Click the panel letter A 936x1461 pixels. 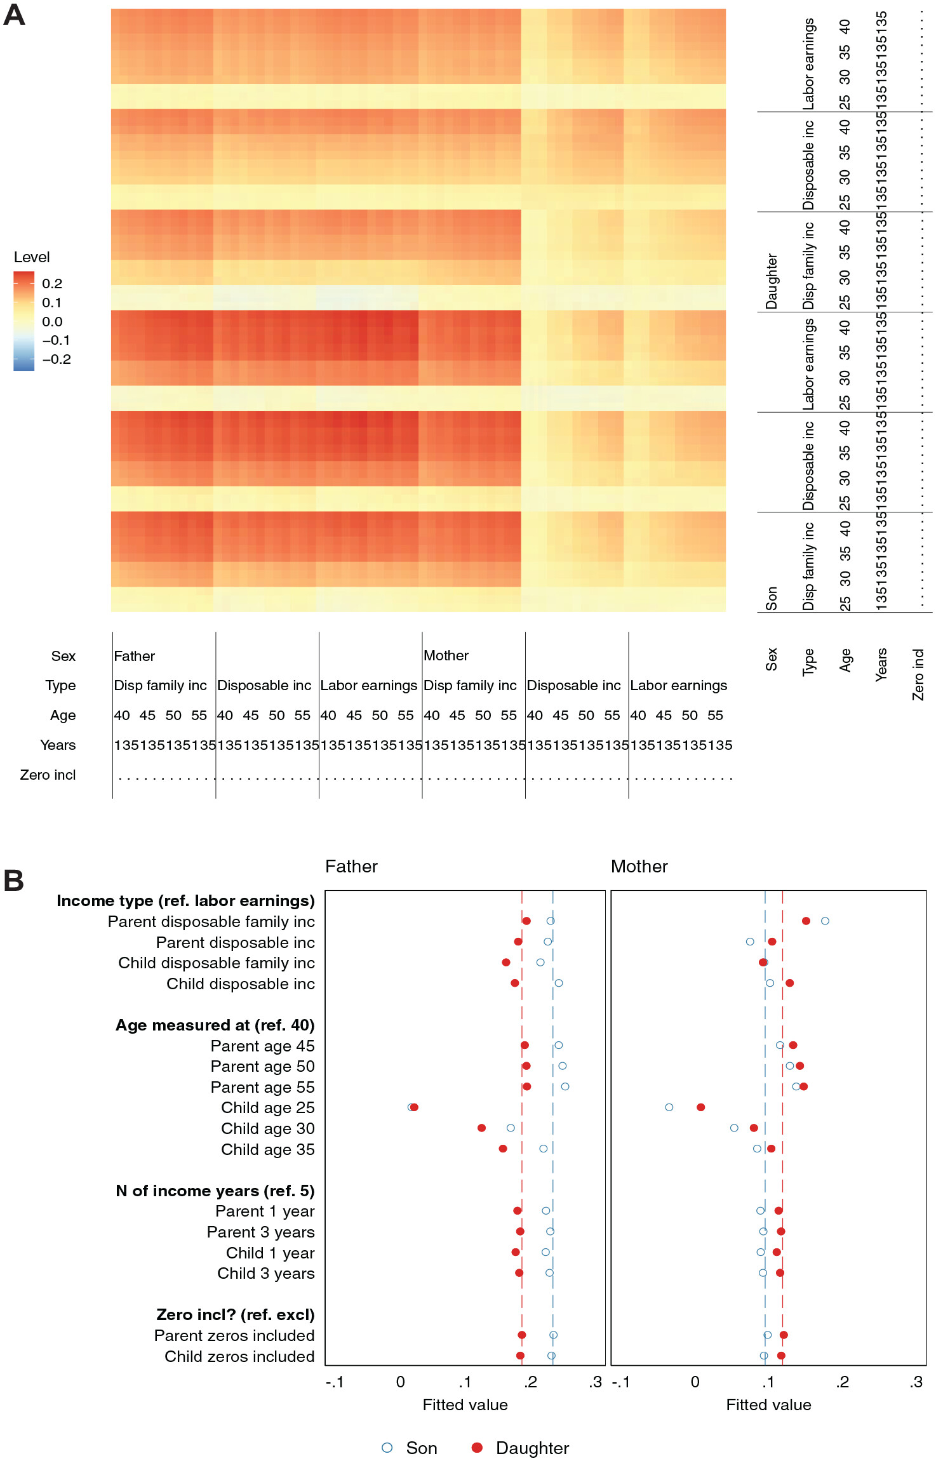14,15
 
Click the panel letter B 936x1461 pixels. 13,881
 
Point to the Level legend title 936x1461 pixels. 32,257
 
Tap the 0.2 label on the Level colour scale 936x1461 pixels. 52,284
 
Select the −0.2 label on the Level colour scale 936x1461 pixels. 57,359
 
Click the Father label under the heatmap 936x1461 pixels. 134,656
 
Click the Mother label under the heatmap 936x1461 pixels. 446,655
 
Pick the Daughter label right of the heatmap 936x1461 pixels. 772,281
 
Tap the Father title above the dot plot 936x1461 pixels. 351,867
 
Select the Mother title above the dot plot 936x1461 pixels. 639,867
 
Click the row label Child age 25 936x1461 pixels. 267,1108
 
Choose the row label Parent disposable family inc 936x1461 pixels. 211,922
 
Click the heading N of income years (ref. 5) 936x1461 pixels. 215,1191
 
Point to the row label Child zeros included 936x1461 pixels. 239,1357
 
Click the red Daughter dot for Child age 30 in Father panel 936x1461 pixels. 481,1128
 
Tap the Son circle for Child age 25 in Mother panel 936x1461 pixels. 669,1107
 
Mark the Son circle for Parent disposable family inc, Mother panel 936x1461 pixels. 825,921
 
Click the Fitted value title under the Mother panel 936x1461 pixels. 768,1405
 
